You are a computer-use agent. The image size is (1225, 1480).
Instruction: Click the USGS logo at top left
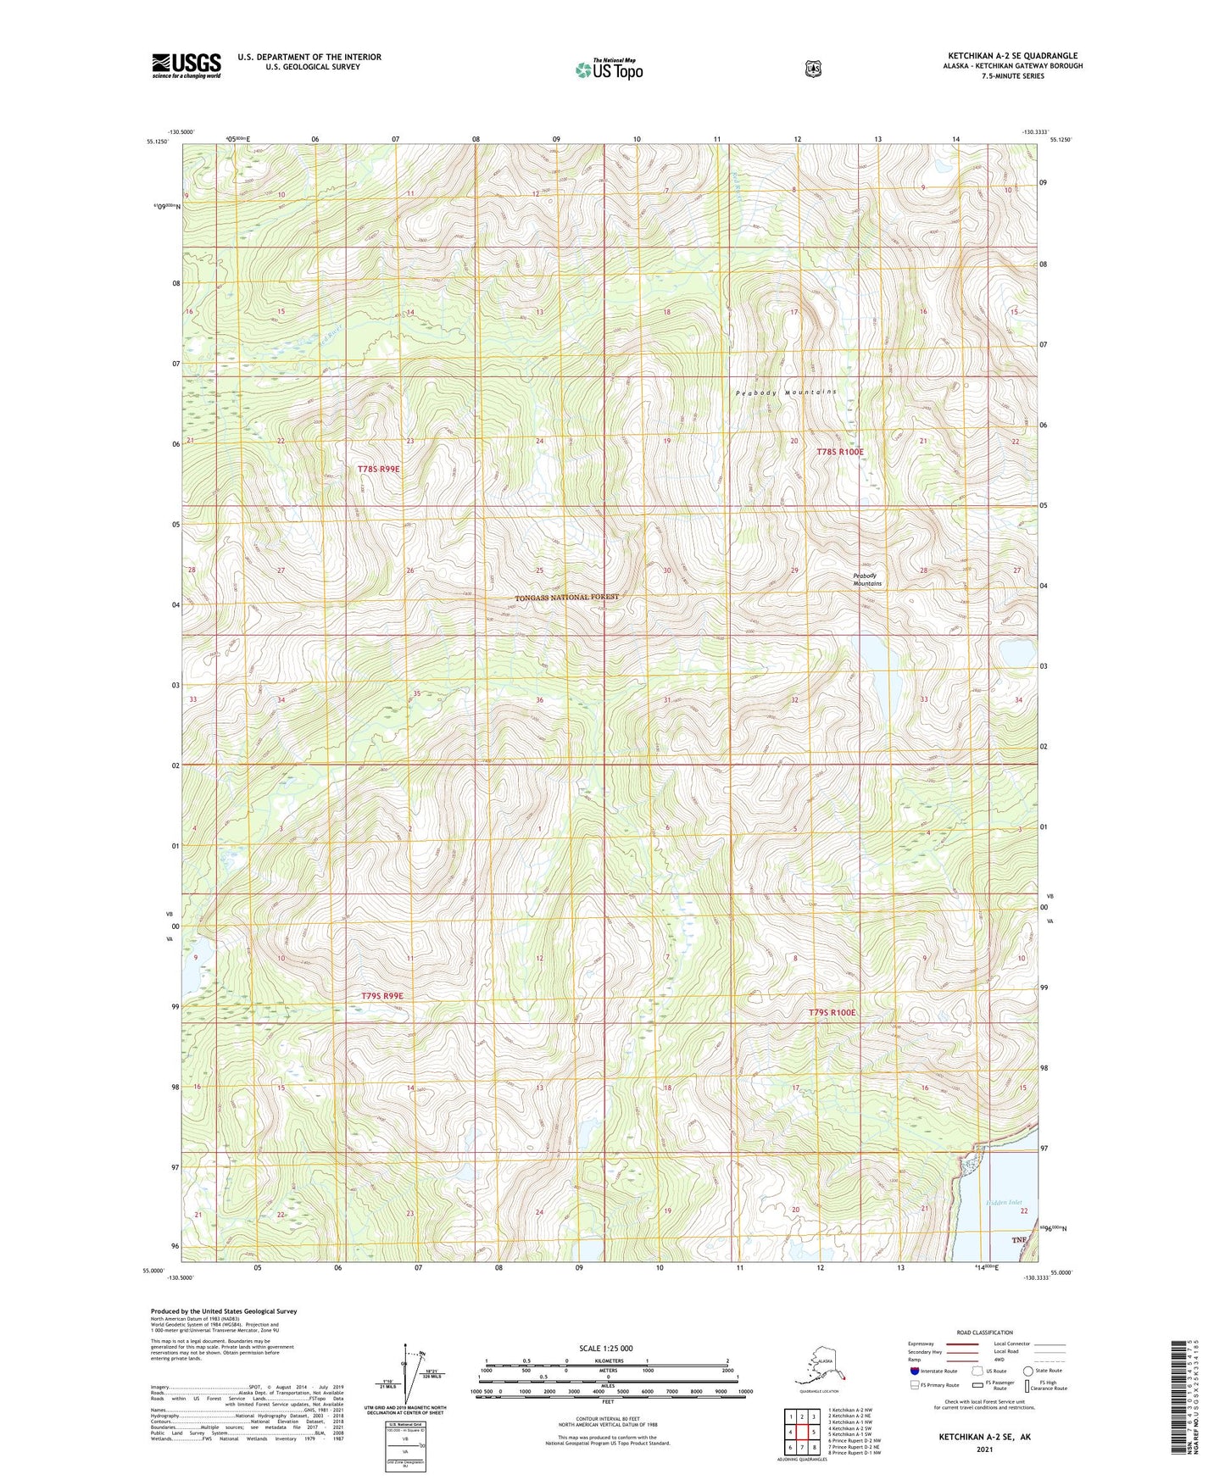(x=187, y=65)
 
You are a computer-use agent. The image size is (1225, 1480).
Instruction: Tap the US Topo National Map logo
(x=609, y=70)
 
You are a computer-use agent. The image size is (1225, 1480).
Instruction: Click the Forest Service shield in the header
(x=812, y=69)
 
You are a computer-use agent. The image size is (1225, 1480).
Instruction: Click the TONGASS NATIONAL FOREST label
(x=567, y=598)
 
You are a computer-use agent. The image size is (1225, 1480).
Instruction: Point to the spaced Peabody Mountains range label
(x=786, y=392)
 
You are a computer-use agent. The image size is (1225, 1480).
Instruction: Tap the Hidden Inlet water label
(x=1004, y=1203)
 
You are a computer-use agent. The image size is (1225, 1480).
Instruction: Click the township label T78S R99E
(x=378, y=469)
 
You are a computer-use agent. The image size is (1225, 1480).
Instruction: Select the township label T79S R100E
(x=832, y=1013)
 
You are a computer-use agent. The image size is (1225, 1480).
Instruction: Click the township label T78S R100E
(x=839, y=453)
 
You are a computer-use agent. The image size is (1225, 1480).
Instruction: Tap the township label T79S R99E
(x=381, y=996)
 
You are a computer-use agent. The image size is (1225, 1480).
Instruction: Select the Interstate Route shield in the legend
(x=915, y=1371)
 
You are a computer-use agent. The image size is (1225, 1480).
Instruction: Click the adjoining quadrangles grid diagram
(x=801, y=1433)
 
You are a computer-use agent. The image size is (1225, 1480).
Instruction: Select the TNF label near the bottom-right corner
(x=1019, y=1240)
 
